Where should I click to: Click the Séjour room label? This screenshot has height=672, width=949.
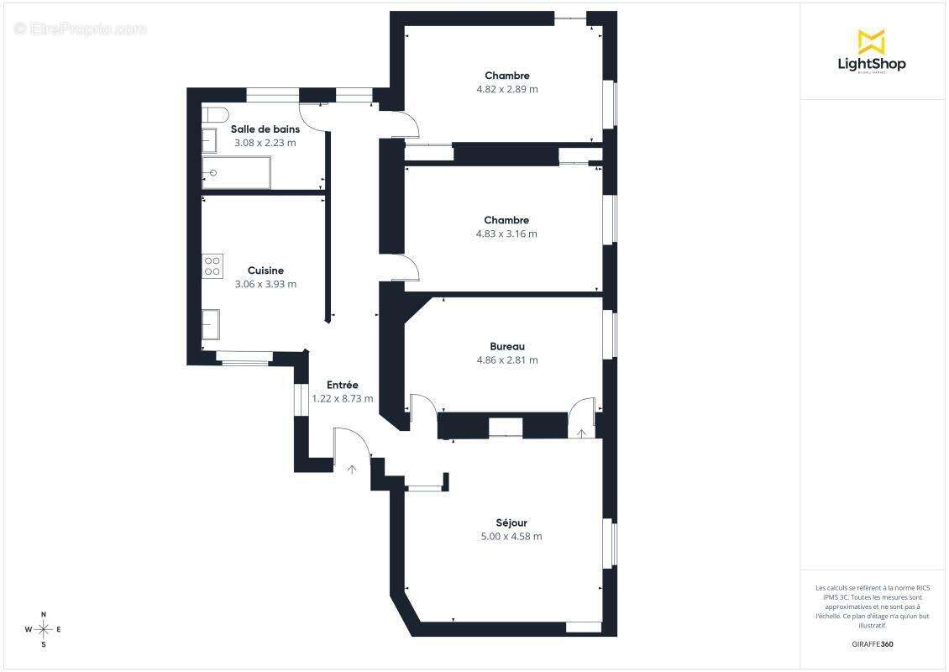511,522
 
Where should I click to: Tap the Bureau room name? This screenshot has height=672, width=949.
507,346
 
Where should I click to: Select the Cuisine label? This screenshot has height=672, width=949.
265,270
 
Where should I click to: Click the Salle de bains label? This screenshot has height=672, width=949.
265,129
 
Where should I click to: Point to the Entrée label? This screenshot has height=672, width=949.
343,385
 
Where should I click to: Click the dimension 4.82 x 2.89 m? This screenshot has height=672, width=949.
507,89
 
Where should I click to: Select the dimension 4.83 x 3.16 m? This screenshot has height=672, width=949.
506,234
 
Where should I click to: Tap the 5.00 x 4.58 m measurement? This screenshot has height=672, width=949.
511,536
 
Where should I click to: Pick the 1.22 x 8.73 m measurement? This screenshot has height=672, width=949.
343,399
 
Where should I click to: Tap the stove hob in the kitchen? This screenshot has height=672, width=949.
212,266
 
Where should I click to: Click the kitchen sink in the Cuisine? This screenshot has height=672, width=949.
211,323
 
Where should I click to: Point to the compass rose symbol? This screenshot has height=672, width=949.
44,628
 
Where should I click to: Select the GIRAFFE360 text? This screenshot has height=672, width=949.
873,644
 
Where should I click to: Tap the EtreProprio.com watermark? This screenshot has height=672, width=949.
81,29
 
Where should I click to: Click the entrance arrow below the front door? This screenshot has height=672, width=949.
352,469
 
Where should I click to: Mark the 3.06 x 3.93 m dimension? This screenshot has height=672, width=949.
265,284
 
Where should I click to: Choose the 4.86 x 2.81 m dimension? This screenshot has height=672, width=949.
507,360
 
